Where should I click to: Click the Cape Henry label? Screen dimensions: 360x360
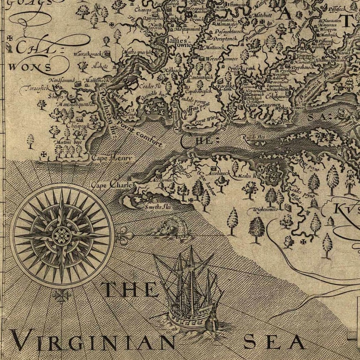111,158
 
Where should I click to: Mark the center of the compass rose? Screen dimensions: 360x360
62,235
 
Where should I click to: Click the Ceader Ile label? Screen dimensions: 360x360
147,86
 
